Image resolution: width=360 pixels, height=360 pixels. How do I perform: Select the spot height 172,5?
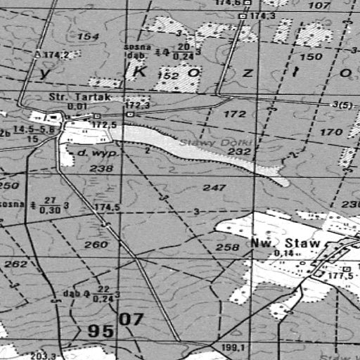click(x=103, y=124)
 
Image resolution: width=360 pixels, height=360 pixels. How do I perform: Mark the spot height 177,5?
click(x=340, y=276)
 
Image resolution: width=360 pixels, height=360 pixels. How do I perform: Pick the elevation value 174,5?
click(x=108, y=207)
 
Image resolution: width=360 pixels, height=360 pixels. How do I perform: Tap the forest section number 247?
click(x=214, y=188)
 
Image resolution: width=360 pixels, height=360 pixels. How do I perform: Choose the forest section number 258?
click(x=226, y=247)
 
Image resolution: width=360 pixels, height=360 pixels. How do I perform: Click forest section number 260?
click(x=96, y=245)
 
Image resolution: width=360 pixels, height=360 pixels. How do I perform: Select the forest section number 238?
click(x=101, y=169)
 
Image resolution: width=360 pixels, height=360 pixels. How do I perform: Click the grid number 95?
click(x=101, y=330)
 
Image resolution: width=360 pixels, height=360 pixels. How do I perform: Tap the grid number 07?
click(x=131, y=320)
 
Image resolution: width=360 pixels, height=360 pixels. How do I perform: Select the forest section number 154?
click(x=88, y=36)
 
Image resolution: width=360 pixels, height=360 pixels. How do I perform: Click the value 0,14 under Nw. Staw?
click(x=283, y=253)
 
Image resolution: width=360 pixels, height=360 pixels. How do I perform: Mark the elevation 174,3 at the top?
click(x=262, y=15)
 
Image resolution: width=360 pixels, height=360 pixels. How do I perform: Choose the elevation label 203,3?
click(x=44, y=356)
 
